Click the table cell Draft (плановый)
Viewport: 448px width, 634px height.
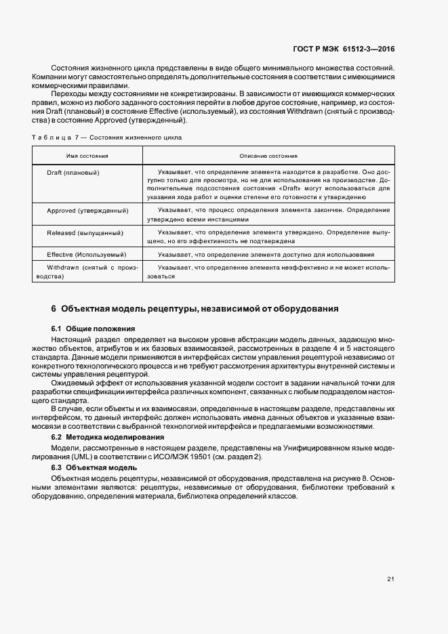(x=74, y=173)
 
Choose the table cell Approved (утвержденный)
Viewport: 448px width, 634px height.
(x=87, y=211)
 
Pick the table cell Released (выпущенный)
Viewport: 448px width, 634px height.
(x=85, y=232)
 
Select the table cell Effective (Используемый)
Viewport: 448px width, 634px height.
(x=87, y=254)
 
